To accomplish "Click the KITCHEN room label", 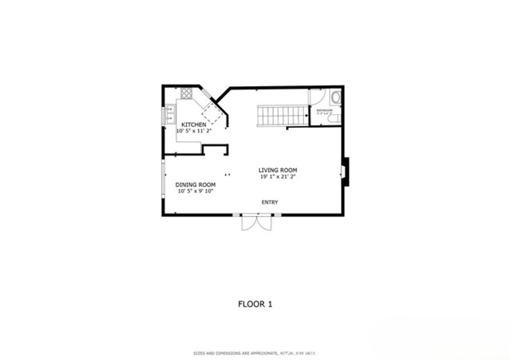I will tap(193, 124).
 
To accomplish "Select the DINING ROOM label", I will tap(195, 184).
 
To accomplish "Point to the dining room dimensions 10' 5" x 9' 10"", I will tap(195, 191).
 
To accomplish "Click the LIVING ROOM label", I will tap(277, 170).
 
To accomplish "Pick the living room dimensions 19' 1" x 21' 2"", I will tap(277, 177).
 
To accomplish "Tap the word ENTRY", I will tap(270, 202).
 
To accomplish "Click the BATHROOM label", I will tap(324, 110).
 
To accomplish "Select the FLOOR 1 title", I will tap(255, 304).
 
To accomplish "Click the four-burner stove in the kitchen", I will tap(187, 93).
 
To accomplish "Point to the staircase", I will tap(281, 116).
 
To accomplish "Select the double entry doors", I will tap(257, 223).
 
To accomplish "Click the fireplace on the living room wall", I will tap(345, 172).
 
